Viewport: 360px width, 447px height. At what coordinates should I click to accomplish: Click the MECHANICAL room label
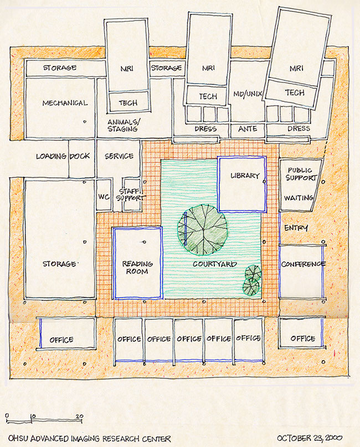[65, 103]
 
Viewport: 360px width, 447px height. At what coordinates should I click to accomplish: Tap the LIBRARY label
[245, 176]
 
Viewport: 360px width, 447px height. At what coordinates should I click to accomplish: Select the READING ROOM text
[137, 268]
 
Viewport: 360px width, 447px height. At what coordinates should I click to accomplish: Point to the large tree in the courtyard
[203, 230]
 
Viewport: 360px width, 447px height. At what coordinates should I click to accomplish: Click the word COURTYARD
[215, 264]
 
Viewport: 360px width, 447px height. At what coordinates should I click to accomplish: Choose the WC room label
[104, 197]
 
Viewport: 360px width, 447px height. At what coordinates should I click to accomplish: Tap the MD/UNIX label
[248, 94]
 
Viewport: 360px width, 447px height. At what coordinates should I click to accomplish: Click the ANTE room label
[248, 129]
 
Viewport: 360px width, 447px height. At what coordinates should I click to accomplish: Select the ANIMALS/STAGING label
[124, 125]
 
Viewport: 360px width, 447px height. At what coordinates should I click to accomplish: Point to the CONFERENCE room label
[304, 264]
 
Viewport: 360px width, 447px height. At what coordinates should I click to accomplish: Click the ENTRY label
[296, 228]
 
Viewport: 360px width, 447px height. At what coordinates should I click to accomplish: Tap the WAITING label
[299, 198]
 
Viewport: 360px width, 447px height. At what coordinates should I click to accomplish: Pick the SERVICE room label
[119, 156]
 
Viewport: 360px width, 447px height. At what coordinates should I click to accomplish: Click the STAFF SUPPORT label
[131, 194]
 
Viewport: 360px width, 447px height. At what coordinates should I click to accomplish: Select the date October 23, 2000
[310, 438]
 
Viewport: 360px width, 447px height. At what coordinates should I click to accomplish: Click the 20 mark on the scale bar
[80, 416]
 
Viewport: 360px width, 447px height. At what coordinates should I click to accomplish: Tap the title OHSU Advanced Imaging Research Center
[90, 439]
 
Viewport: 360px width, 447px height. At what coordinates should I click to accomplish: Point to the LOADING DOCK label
[63, 156]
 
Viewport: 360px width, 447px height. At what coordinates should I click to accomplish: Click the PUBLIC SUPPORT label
[301, 174]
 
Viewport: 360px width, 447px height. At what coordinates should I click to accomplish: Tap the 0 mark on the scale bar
[7, 415]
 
